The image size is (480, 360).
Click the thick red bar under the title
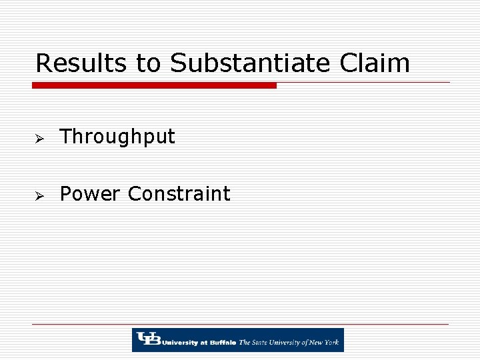coord(154,85)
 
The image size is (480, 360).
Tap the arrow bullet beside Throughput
coord(39,138)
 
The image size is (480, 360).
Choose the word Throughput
coord(117,137)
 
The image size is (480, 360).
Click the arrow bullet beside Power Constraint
coord(39,195)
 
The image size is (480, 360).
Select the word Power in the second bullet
coord(91,194)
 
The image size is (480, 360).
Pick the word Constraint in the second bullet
coord(179,194)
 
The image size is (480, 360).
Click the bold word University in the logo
coord(177,343)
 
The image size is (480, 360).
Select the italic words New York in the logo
coord(325,343)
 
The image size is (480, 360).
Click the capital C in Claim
coord(349,63)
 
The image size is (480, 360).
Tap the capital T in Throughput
coord(66,137)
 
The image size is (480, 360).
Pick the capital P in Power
coord(66,194)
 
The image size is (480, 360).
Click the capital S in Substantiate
coord(179,63)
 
